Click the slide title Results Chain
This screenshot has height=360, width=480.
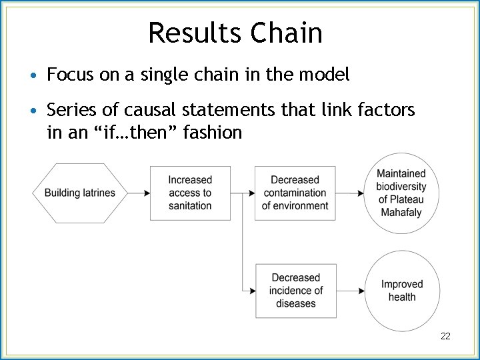(235, 32)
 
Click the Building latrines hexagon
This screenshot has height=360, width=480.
(80, 193)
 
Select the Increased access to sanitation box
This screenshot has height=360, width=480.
(190, 193)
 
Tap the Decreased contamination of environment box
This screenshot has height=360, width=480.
(295, 193)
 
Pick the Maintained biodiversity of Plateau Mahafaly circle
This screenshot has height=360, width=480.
(401, 193)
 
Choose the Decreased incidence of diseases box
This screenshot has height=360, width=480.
(295, 291)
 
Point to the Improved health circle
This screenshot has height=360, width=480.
(401, 291)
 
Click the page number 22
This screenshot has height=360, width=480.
(445, 336)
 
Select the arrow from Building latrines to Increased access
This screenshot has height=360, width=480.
(138, 193)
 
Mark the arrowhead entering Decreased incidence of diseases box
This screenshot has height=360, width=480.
(253, 291)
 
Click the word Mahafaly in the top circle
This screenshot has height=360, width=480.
(401, 213)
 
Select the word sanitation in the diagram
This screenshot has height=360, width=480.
(190, 206)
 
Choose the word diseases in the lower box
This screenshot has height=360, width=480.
(295, 303)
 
